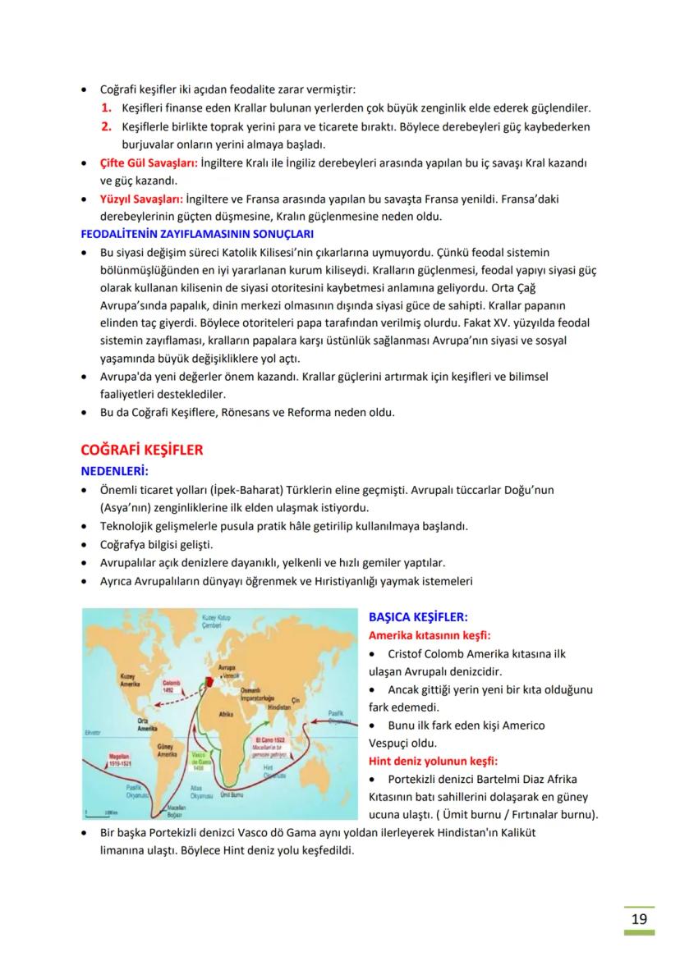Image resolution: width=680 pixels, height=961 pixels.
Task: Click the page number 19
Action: coord(639,919)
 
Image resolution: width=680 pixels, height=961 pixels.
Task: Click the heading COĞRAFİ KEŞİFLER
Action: coord(141,450)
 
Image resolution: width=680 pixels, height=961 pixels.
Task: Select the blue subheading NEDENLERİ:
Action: coord(113,471)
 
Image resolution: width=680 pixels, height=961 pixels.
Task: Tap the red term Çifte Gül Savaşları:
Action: coord(140,163)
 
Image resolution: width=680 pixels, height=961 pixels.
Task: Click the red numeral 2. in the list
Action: coord(107,127)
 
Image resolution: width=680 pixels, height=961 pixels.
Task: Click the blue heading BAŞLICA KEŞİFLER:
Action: coord(418,616)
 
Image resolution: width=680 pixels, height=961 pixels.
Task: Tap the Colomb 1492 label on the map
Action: coord(173,685)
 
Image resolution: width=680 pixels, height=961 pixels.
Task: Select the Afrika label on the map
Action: coord(227,715)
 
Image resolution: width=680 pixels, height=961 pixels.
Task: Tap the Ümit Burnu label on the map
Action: coord(235,795)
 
